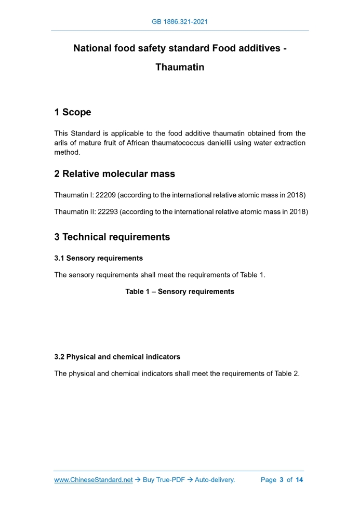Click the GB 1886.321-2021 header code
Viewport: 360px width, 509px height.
(x=180, y=22)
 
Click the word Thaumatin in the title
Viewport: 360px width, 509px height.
(x=180, y=68)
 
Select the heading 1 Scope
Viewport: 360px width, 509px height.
(x=73, y=112)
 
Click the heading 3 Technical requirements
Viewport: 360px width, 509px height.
(x=112, y=237)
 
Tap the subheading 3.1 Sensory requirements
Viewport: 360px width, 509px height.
(x=99, y=258)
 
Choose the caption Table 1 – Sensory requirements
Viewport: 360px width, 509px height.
(x=180, y=292)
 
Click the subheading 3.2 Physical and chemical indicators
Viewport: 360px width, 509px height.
(x=117, y=357)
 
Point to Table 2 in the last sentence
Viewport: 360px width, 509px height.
(x=288, y=374)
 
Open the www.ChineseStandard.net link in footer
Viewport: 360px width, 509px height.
(x=94, y=480)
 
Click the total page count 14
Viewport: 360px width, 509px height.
(x=299, y=480)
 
